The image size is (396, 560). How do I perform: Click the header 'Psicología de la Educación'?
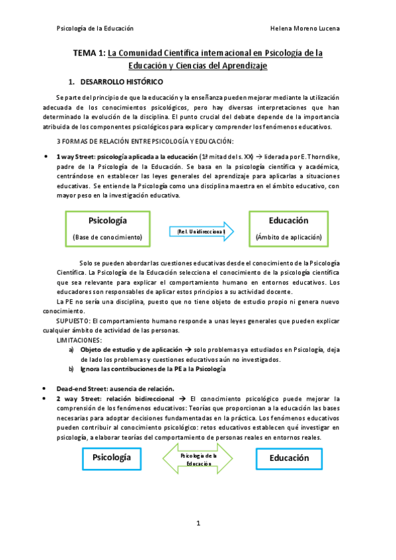(96, 29)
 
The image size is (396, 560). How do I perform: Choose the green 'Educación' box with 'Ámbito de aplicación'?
(288, 228)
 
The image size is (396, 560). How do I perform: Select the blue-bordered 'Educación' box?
(289, 457)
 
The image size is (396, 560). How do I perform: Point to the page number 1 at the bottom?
(198, 523)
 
